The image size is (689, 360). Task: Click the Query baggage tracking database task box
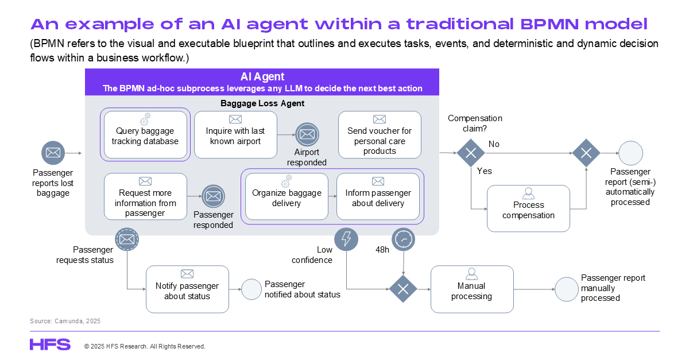[x=145, y=135]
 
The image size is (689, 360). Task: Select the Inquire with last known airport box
[x=235, y=135]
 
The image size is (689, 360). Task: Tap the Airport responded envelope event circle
[x=307, y=134]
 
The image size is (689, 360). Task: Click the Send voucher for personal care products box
[x=380, y=135]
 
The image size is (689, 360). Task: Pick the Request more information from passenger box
[x=145, y=196]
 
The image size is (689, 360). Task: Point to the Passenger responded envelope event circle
[x=214, y=196]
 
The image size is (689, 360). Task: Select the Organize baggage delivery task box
[x=287, y=196]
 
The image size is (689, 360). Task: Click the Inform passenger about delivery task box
[x=378, y=196]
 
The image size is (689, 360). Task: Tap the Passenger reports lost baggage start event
[x=53, y=153]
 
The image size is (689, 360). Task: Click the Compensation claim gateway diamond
[x=471, y=153]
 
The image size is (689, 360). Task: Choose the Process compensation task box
[x=528, y=208]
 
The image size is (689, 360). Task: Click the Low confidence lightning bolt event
[x=346, y=239]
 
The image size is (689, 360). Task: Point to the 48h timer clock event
[x=403, y=239]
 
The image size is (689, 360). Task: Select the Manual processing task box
[x=472, y=289]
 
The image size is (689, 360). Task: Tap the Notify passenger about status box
[x=187, y=289]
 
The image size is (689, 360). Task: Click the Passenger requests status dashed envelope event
[x=127, y=239]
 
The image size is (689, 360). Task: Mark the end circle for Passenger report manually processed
[x=567, y=289]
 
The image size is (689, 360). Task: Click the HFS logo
[x=50, y=344]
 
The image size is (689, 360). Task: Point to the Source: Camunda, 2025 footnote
[x=65, y=321]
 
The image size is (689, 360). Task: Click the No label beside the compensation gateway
[x=494, y=144]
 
